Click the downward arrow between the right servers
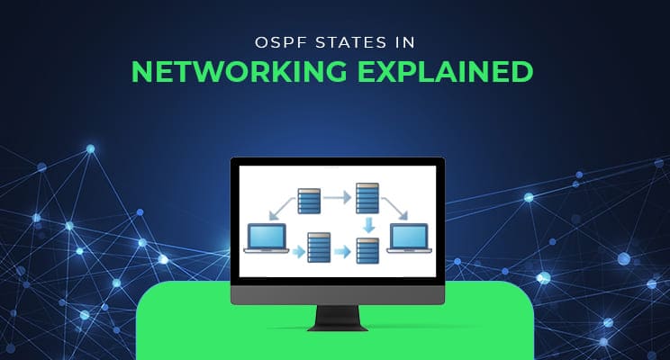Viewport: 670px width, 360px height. [x=367, y=224]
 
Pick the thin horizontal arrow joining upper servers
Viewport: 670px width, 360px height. [x=337, y=194]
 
